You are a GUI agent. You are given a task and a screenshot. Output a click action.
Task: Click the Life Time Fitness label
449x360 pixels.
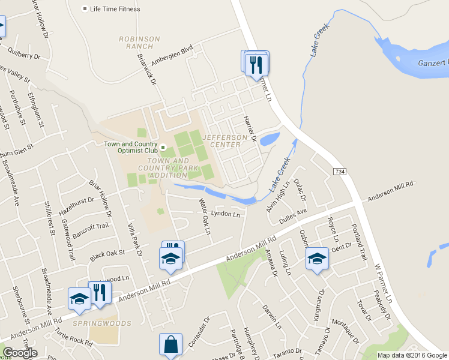pos(115,10)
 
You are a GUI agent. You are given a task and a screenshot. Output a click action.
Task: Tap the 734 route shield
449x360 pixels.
pos(340,172)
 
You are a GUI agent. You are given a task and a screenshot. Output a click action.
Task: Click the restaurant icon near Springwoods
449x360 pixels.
pos(100,292)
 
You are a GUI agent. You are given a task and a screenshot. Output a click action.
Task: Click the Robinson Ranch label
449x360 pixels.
pos(140,43)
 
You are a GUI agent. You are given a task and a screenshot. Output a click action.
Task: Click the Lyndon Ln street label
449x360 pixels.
pos(226,214)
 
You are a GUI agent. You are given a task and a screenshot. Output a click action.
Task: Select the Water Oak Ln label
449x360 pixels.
pos(205,217)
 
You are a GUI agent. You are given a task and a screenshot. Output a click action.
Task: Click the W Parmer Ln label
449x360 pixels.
pos(384,281)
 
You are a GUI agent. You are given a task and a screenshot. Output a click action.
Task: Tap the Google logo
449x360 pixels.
pos(20,353)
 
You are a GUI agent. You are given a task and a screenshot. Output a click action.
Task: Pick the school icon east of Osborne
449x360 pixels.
pos(317,259)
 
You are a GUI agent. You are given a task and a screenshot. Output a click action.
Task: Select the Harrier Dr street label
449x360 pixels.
pos(250,128)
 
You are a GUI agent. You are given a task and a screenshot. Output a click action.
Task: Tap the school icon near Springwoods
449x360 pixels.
pos(79,298)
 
